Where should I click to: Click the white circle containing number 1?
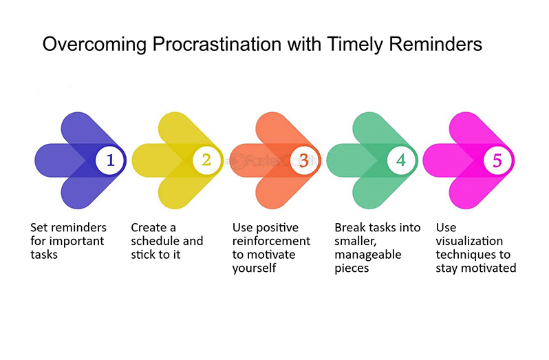tap(110, 160)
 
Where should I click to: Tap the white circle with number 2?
tap(207, 160)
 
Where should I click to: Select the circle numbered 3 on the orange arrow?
tap(304, 160)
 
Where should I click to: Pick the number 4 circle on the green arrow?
tap(401, 160)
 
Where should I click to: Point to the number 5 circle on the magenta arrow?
tap(497, 160)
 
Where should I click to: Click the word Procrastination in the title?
tap(217, 45)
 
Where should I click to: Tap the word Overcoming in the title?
tap(94, 45)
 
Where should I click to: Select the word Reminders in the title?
tap(435, 45)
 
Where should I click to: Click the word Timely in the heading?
tap(356, 45)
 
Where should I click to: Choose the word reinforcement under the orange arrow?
tap(271, 241)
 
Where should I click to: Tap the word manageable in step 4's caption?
tap(368, 255)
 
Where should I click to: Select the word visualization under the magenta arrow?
tap(469, 241)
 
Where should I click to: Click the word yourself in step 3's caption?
tap(254, 268)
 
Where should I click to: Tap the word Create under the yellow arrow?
tap(149, 228)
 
